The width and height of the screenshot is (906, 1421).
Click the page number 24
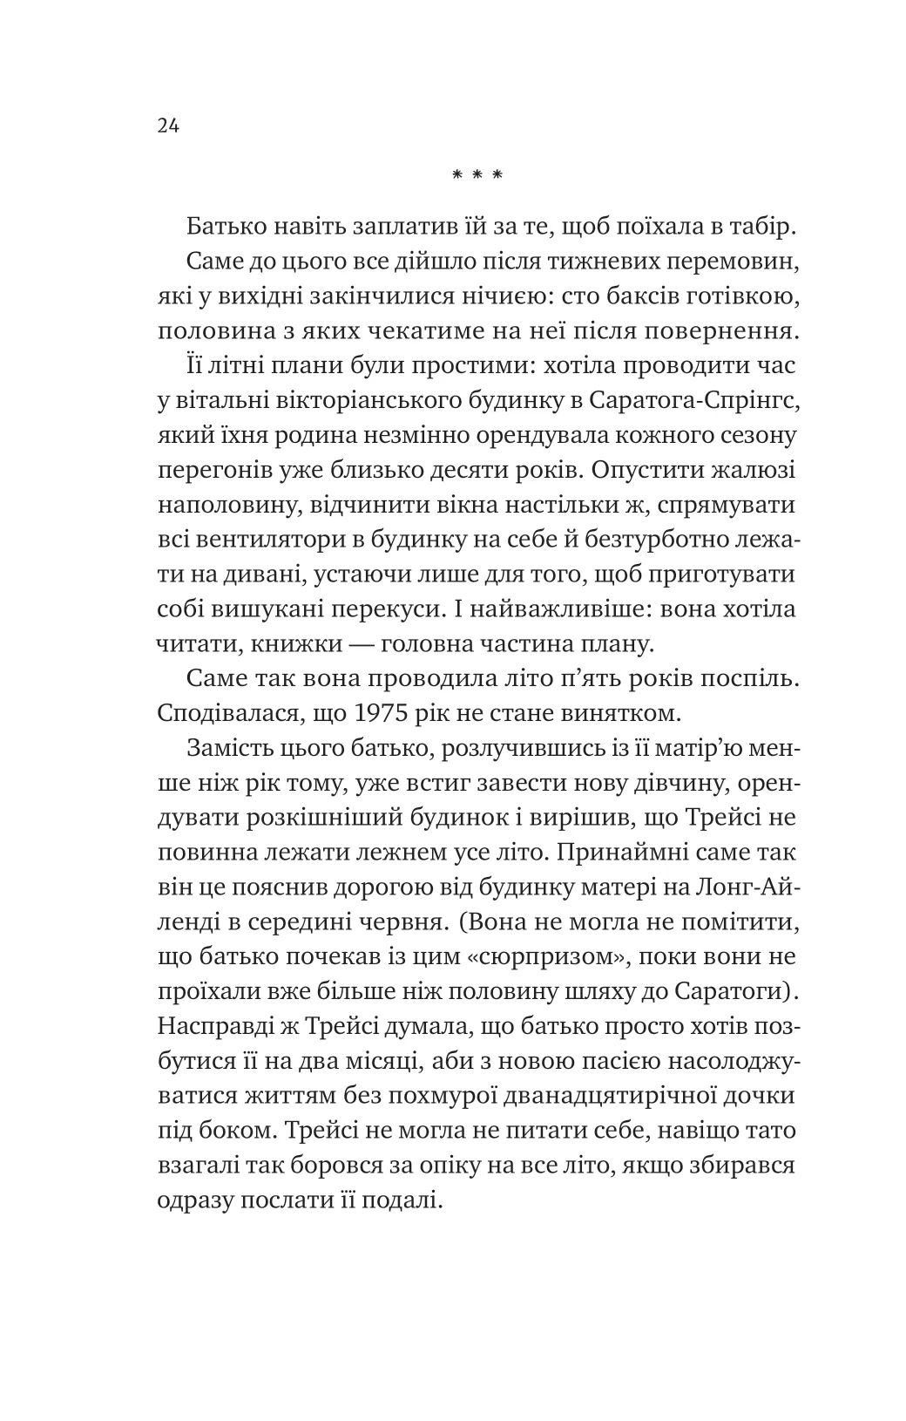tap(168, 126)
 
